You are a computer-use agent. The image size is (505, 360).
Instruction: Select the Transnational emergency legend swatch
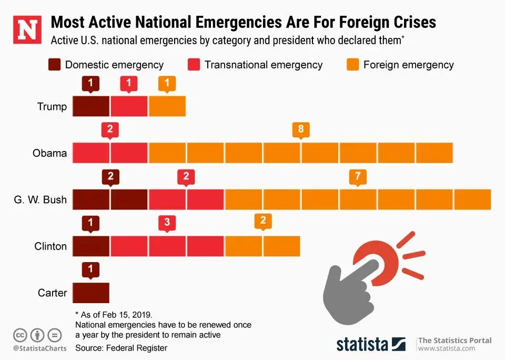pyautogui.click(x=194, y=65)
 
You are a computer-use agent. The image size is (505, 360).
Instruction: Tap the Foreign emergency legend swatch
pyautogui.click(x=353, y=65)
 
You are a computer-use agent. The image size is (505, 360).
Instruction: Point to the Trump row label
pyautogui.click(x=52, y=107)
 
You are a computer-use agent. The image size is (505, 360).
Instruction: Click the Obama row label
pyautogui.click(x=49, y=153)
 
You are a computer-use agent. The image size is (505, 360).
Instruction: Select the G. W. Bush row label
pyautogui.click(x=41, y=200)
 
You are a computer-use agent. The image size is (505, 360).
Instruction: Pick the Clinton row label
pyautogui.click(x=50, y=246)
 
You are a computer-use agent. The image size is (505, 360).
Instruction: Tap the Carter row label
pyautogui.click(x=52, y=293)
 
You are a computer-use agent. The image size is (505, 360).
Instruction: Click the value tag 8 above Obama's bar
pyautogui.click(x=300, y=129)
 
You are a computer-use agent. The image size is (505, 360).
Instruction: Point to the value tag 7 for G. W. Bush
pyautogui.click(x=358, y=176)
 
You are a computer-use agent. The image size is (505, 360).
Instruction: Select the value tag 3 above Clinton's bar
pyautogui.click(x=167, y=223)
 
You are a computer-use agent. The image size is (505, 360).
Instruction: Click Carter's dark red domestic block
pyautogui.click(x=90, y=293)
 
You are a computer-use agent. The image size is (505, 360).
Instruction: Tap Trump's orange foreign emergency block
pyautogui.click(x=167, y=106)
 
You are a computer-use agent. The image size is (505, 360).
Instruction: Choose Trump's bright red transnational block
pyautogui.click(x=129, y=106)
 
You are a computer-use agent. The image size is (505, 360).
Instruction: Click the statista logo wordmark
pyautogui.click(x=362, y=344)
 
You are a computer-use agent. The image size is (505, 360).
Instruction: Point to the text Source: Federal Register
pyautogui.click(x=121, y=348)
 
